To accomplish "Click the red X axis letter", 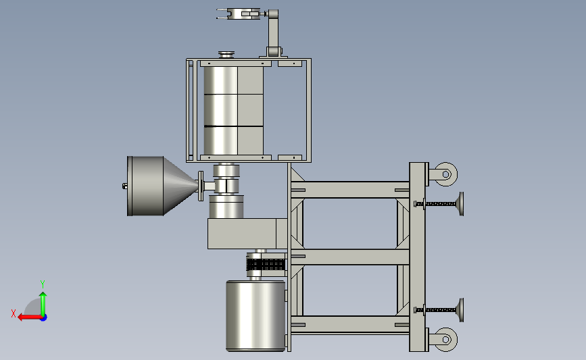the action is [14, 313].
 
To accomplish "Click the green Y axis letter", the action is [43, 284].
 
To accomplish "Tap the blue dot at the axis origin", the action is [44, 318].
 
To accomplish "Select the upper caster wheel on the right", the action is [445, 174].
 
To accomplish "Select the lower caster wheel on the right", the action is [445, 340].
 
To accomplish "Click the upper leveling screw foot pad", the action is [461, 204].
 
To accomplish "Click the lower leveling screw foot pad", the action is [461, 310].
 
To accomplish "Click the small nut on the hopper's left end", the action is [125, 186].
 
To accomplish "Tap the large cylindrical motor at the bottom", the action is [255, 316].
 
